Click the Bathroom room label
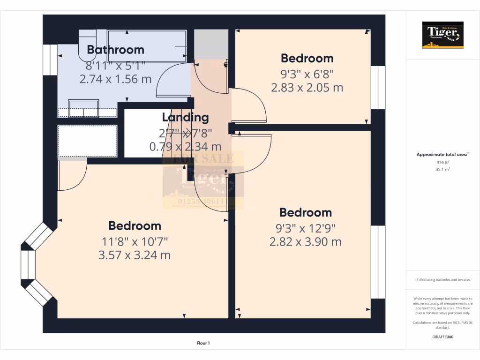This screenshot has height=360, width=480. [115, 50]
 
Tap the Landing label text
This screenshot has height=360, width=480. [185, 117]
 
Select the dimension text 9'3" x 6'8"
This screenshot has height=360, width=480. [307, 73]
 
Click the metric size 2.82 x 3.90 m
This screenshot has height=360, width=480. [305, 242]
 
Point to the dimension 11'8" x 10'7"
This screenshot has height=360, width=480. [135, 241]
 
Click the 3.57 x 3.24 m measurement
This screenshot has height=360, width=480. [135, 255]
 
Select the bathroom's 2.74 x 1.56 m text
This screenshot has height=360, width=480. [115, 79]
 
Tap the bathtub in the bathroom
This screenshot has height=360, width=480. [147, 46]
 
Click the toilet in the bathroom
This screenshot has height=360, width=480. [87, 45]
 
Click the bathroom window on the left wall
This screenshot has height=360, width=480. [48, 60]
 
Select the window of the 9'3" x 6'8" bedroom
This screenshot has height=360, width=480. [377, 88]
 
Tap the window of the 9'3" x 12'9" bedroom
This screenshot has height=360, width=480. [377, 262]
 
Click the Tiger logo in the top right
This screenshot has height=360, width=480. [442, 35]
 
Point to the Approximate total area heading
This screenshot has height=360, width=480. [442, 154]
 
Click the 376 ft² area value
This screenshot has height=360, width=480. [442, 163]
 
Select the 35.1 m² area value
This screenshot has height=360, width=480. [442, 169]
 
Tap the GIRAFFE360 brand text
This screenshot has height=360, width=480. [442, 337]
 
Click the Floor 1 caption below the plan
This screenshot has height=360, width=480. [203, 344]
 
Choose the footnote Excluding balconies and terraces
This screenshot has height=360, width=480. [442, 280]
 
